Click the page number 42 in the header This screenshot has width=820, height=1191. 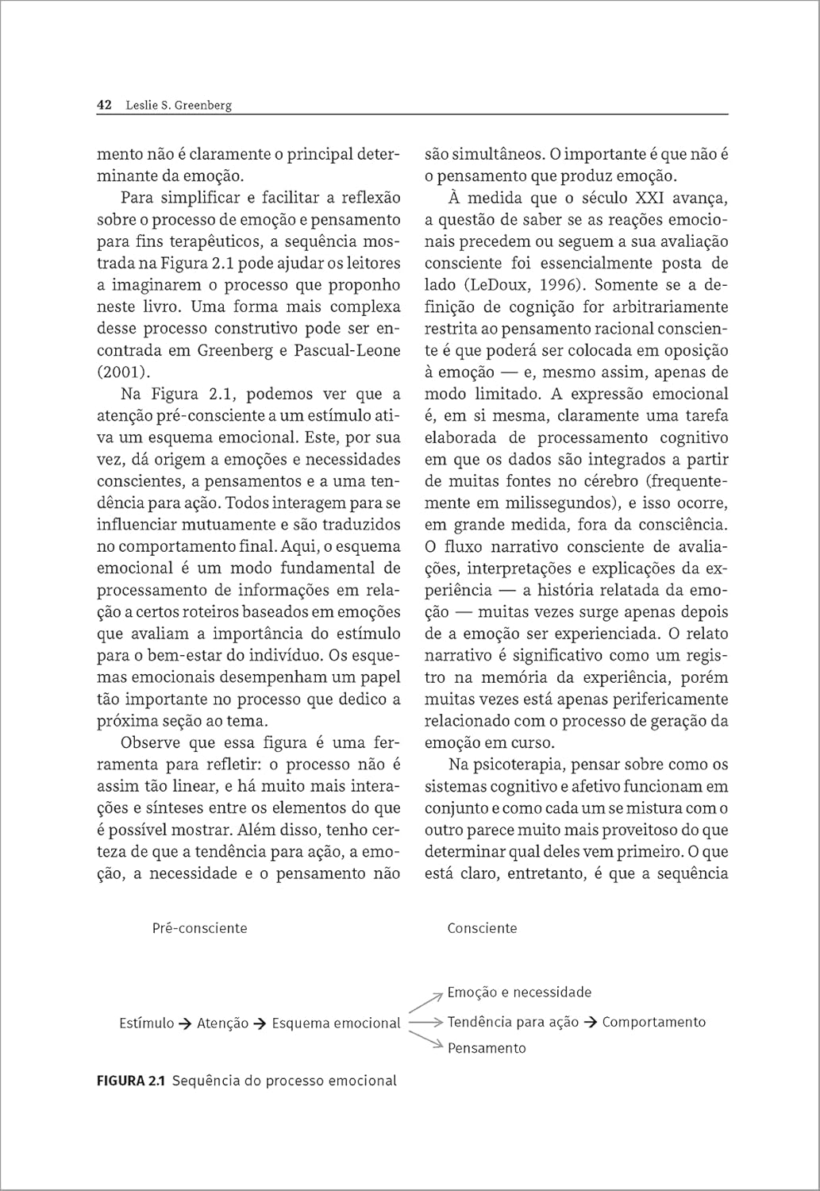104,105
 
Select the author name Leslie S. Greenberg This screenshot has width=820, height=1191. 179,105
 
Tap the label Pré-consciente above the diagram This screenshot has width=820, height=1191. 199,928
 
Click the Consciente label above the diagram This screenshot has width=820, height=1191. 482,928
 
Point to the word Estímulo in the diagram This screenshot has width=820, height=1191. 146,1023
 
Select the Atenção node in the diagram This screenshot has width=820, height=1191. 222,1023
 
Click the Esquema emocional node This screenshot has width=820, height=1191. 336,1023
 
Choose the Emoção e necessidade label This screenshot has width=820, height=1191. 519,992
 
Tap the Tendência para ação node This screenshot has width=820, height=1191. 513,1023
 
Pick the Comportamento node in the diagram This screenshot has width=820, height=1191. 653,1022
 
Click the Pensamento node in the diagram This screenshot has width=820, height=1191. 487,1048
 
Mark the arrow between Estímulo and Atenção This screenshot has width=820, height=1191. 185,1023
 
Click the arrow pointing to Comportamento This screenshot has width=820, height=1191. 590,1023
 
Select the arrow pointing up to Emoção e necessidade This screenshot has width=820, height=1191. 426,1001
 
